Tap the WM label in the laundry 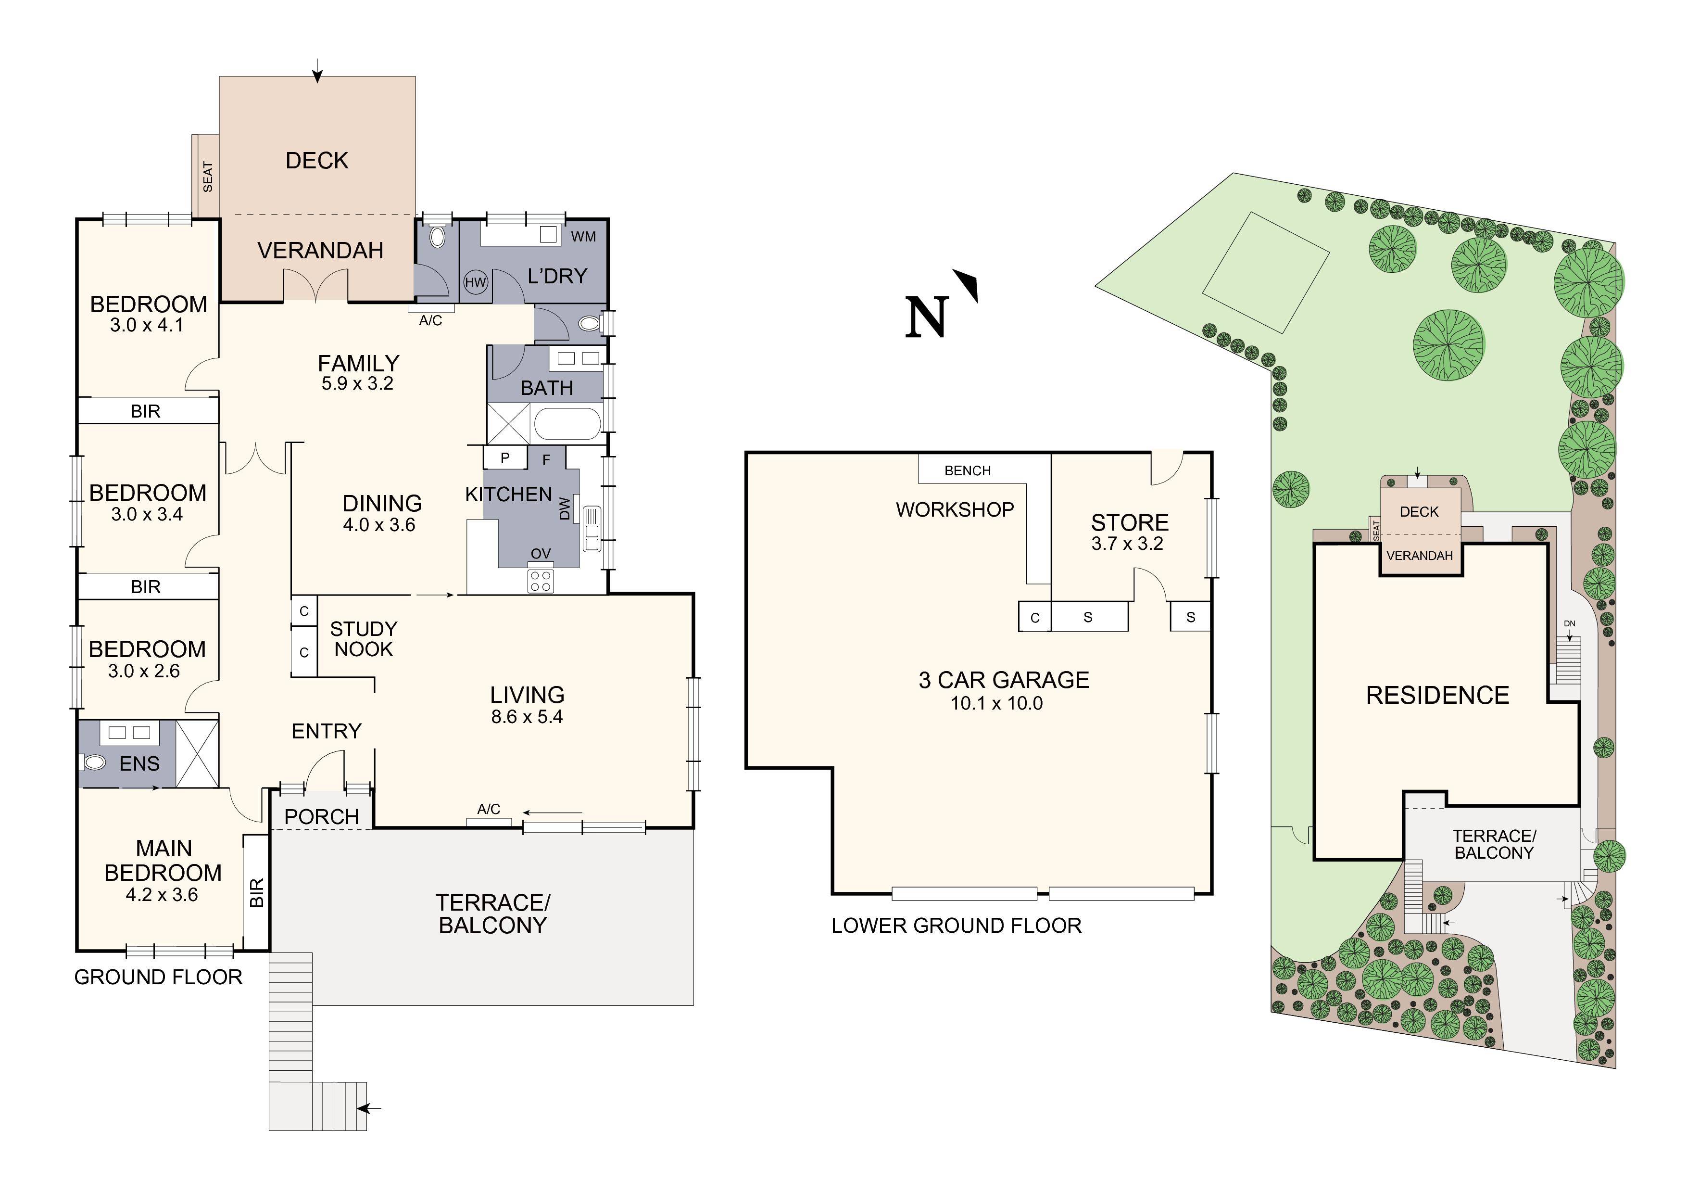coord(583,237)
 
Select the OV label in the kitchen coord(541,554)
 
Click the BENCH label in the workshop coord(967,470)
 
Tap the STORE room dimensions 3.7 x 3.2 coord(1127,544)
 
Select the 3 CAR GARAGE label coord(1004,680)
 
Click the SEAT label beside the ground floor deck coord(208,177)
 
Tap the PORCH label coord(321,817)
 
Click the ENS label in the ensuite coord(139,764)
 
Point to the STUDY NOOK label coord(363,639)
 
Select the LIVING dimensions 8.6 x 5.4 coord(527,717)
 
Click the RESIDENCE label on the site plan coord(1437,696)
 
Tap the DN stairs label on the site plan coord(1570,623)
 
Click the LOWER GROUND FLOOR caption coord(956,926)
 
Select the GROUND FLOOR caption coord(158,977)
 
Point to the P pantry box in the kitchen coord(505,457)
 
